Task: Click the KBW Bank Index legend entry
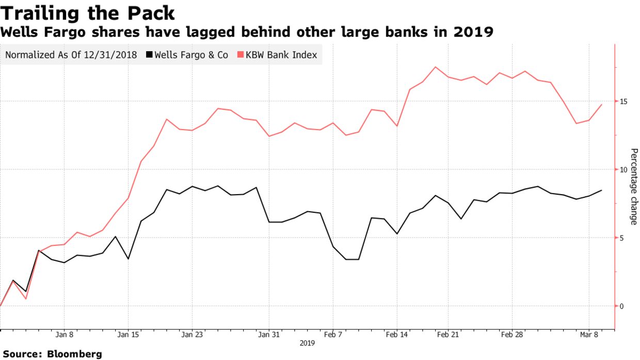(282, 55)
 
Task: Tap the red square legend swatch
(240, 55)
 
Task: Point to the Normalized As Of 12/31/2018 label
(71, 55)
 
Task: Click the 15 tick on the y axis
(623, 101)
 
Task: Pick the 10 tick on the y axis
(623, 169)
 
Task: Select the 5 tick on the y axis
(622, 238)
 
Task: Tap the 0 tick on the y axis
(622, 306)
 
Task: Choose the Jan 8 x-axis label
(64, 335)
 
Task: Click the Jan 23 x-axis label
(192, 335)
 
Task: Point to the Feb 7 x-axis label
(333, 335)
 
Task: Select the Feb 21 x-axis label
(447, 335)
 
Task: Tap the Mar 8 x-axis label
(589, 335)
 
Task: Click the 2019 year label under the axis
(307, 343)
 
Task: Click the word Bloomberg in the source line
(74, 354)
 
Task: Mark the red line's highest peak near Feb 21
(436, 67)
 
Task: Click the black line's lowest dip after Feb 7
(352, 259)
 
